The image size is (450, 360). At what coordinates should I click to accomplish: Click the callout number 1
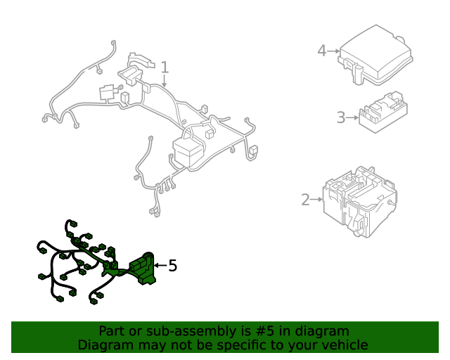[x=165, y=67]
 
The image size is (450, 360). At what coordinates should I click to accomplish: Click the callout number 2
[x=306, y=200]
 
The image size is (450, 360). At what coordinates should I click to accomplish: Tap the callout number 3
[x=341, y=117]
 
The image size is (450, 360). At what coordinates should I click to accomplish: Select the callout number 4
[x=322, y=51]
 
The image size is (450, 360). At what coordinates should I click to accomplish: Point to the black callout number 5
[x=172, y=266]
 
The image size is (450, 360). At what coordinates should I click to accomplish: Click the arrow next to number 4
[x=333, y=51]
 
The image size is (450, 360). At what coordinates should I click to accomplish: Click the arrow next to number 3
[x=352, y=117]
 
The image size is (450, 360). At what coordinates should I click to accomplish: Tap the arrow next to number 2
[x=317, y=199]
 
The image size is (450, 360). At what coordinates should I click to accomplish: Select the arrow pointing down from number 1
[x=164, y=81]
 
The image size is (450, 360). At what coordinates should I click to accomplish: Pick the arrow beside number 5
[x=161, y=265]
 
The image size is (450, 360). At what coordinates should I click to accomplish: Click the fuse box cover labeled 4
[x=375, y=55]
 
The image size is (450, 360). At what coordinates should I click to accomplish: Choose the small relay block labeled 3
[x=383, y=112]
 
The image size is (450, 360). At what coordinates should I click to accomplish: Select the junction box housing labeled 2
[x=360, y=202]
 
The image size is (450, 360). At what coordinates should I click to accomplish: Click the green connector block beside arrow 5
[x=142, y=269]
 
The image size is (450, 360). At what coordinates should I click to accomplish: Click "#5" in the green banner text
[x=264, y=331]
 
